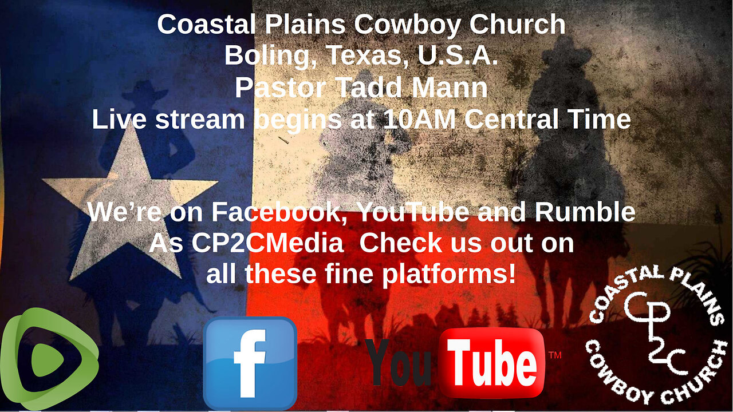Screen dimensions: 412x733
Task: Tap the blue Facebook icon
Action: coord(250,363)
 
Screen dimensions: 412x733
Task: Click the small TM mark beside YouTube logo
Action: coord(554,355)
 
